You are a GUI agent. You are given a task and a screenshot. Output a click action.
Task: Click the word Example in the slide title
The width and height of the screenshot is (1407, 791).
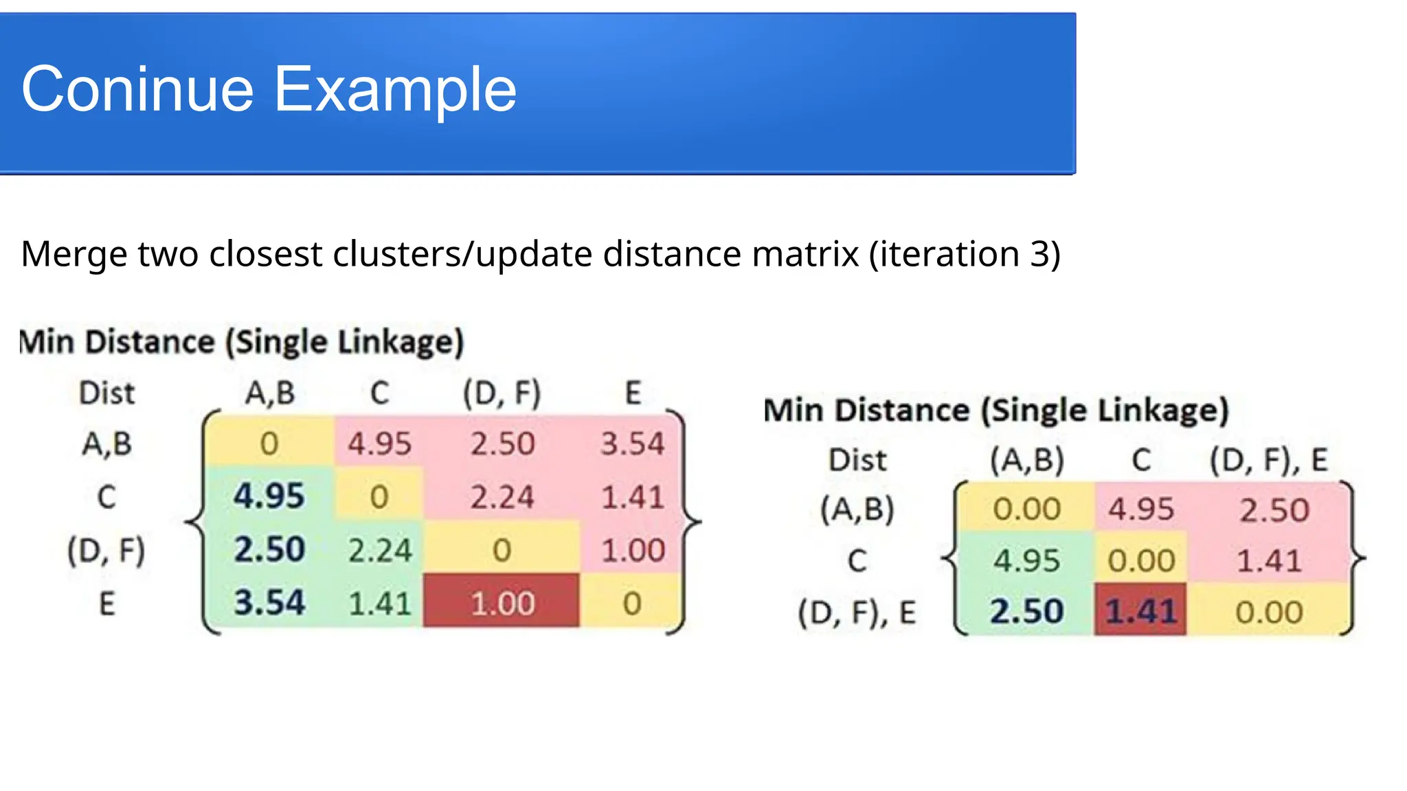click(x=395, y=89)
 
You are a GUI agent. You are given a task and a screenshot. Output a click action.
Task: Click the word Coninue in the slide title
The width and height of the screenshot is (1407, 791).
click(x=137, y=89)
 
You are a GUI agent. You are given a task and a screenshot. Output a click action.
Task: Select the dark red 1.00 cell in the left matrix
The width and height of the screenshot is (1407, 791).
click(x=502, y=603)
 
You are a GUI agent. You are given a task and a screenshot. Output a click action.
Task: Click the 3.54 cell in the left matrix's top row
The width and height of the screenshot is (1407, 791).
click(x=632, y=444)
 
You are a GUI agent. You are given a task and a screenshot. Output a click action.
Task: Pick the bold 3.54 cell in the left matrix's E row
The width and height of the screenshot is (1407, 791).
click(x=269, y=603)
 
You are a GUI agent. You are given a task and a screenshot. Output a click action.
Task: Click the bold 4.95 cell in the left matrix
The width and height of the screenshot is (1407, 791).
click(x=269, y=496)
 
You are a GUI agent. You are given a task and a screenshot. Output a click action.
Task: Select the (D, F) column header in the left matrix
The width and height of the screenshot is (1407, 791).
click(x=502, y=393)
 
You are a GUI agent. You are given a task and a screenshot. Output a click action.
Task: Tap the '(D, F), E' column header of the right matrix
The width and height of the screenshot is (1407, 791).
click(x=1268, y=459)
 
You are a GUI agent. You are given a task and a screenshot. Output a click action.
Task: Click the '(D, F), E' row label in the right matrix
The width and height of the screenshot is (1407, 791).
click(x=857, y=612)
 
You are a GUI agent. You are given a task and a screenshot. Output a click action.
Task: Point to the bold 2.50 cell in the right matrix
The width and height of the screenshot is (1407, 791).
click(x=1026, y=610)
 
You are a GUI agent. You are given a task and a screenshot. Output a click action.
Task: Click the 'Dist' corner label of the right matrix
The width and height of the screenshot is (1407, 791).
click(x=857, y=459)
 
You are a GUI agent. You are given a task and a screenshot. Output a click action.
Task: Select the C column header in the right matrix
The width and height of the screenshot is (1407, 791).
click(x=1141, y=459)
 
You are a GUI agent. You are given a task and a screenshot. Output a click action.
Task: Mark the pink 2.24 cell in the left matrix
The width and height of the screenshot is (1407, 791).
click(x=502, y=496)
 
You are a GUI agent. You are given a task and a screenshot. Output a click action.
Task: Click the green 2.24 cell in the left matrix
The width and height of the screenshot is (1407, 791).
click(x=379, y=550)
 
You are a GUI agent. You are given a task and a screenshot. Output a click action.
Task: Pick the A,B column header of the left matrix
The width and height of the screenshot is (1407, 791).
click(x=270, y=393)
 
